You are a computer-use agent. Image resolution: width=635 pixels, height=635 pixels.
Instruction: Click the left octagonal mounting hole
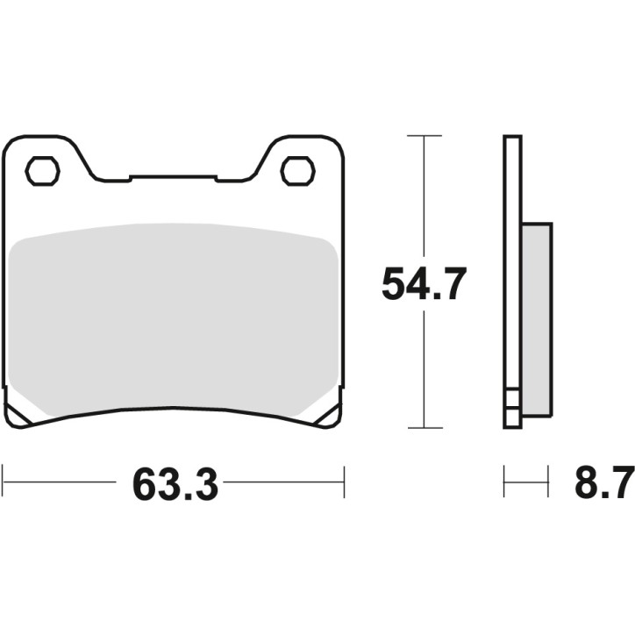pos(42,171)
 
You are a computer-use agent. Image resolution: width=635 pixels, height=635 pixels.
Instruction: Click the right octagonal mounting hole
pos(297,171)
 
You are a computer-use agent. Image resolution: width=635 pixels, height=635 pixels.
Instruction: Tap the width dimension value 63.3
pos(175,483)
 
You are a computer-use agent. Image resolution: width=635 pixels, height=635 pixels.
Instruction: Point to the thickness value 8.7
pos(603,483)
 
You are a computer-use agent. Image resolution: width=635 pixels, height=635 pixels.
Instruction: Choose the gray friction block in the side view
pos(537,319)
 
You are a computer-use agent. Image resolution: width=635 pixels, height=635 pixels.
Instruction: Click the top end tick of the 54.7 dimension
pos(425,136)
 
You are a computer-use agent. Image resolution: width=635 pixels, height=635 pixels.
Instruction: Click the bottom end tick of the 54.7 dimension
pos(425,428)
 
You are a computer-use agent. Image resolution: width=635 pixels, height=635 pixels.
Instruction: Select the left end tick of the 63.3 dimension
pos(4,482)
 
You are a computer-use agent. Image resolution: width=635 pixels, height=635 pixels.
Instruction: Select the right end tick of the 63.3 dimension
pos(344,482)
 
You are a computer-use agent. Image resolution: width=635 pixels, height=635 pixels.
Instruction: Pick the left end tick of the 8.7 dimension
pos(504,482)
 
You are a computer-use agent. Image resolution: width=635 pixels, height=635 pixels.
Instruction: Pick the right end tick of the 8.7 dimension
pos(548,482)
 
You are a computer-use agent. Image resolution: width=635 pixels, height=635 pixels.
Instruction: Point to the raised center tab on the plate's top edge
pos(173,177)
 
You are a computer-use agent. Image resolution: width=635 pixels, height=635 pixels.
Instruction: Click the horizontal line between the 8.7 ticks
pos(526,482)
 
